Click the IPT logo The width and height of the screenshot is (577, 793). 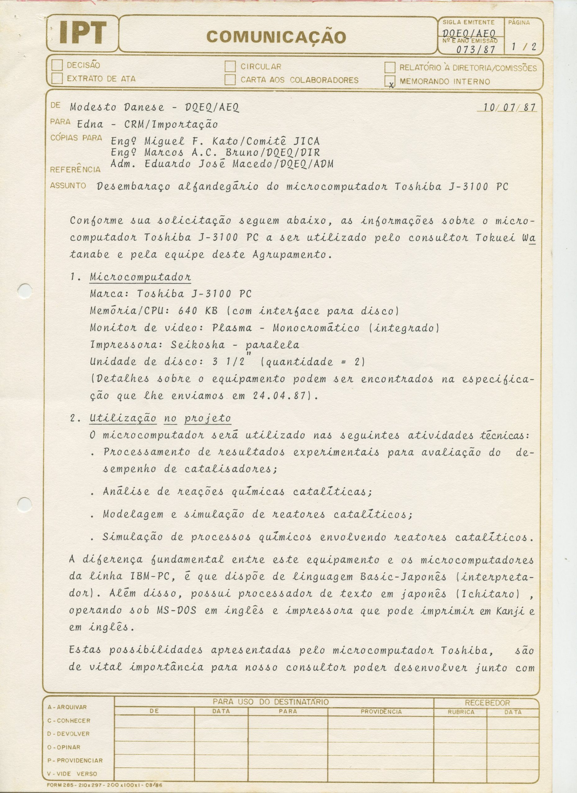click(x=83, y=33)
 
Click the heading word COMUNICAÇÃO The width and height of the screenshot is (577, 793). click(x=276, y=37)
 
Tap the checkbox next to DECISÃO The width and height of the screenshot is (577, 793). click(x=57, y=65)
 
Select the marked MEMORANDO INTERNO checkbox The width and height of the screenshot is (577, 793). click(x=390, y=81)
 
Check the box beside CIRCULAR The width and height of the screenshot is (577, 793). click(x=230, y=66)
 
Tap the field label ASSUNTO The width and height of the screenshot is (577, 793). click(x=68, y=186)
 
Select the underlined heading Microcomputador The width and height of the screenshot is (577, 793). click(x=140, y=277)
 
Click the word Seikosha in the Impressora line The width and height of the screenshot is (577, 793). click(x=198, y=345)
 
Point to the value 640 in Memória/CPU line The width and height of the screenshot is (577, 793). click(x=189, y=311)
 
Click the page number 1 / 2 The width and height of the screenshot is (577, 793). click(x=523, y=46)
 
